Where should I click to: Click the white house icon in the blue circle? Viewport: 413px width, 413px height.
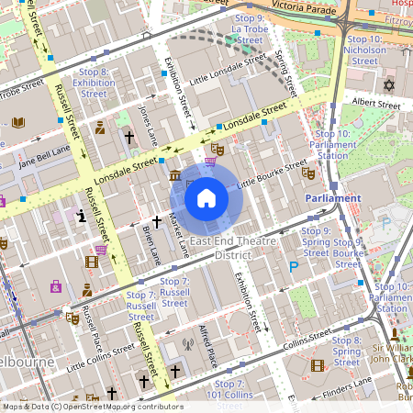click(x=206, y=197)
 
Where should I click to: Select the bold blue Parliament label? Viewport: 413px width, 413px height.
click(x=333, y=197)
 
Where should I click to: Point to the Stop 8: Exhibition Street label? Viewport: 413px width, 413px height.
click(x=94, y=82)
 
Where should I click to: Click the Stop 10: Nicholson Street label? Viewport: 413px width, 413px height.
click(x=365, y=50)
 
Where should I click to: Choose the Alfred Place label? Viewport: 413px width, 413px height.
click(x=206, y=344)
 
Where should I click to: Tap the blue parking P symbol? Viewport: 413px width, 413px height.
click(x=294, y=267)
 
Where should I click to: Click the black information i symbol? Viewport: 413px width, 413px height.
click(x=83, y=217)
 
